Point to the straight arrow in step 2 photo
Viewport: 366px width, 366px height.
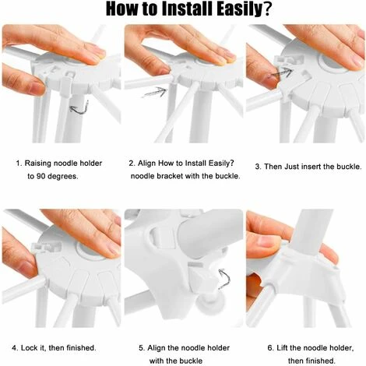pyautogui.click(x=156, y=92)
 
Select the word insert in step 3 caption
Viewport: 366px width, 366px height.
pyautogui.click(x=312, y=167)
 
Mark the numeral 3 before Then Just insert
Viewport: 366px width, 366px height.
pyautogui.click(x=258, y=167)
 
